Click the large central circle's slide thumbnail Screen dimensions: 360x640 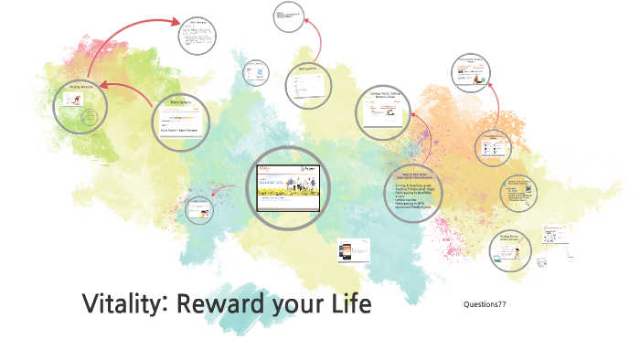coord(288,187)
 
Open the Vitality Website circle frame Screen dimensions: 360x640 coord(80,107)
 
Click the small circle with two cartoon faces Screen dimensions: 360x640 coord(198,210)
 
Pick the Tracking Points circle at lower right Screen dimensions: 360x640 coord(510,249)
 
